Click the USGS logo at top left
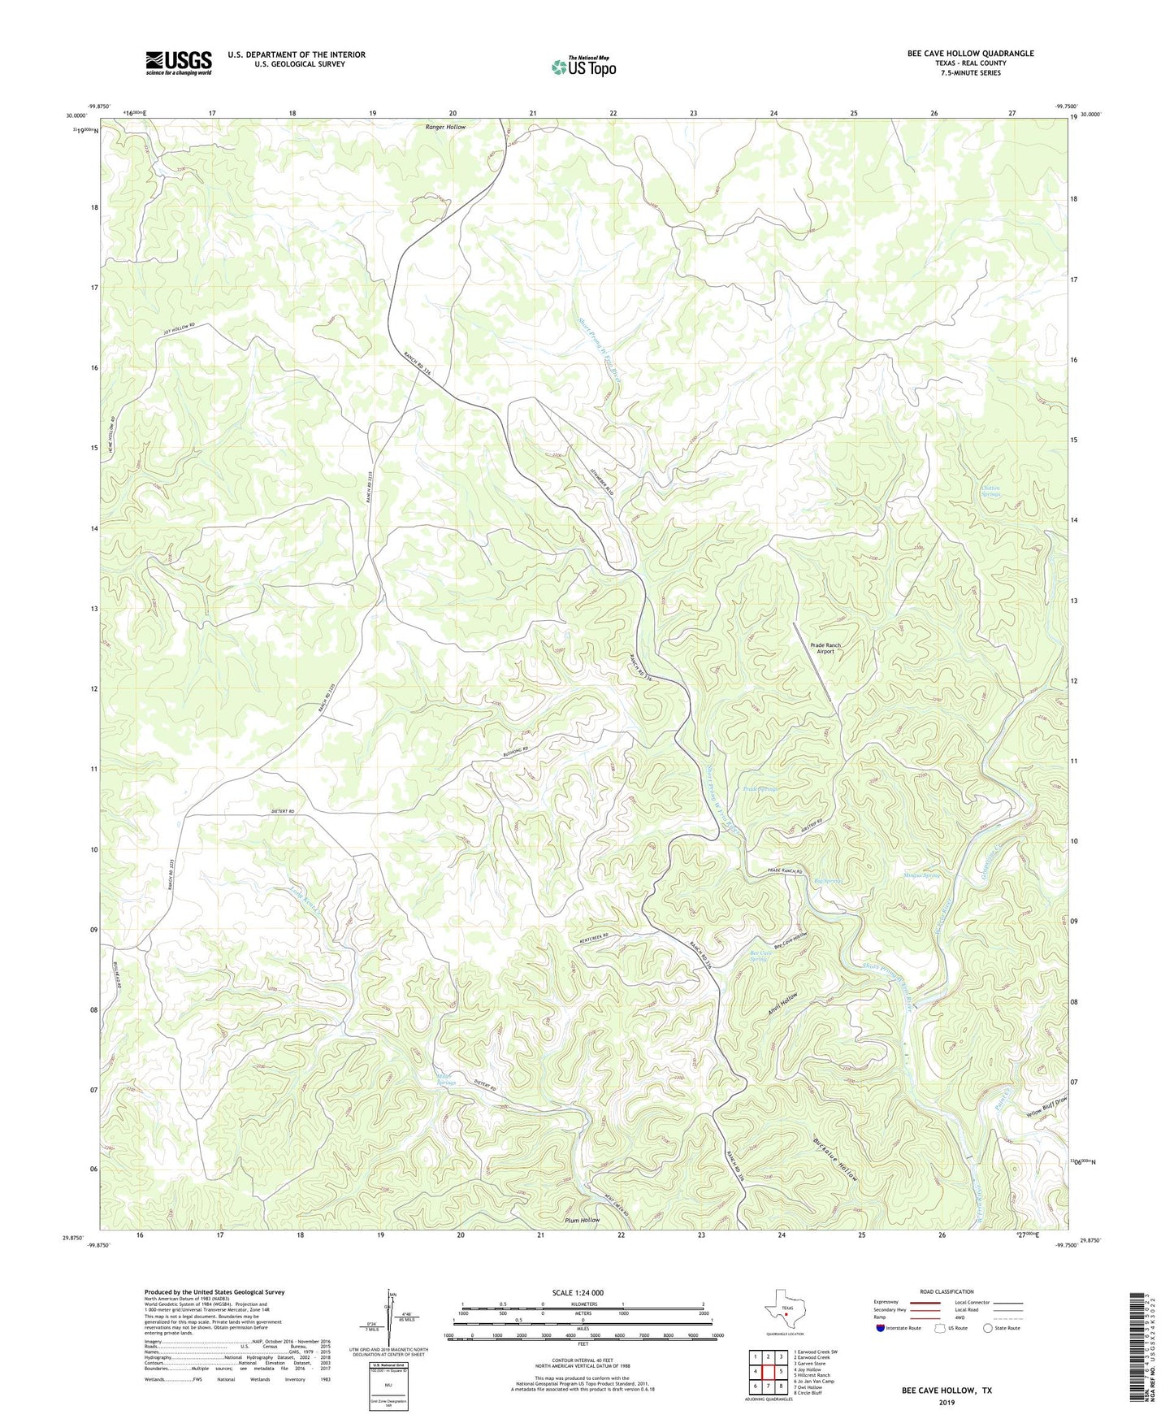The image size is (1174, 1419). pos(179,63)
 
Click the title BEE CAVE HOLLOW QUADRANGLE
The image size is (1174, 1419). pos(970,54)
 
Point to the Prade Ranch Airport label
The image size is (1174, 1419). pos(825,648)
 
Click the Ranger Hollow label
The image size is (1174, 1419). pos(445,128)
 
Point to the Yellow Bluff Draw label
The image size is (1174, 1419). pos(1045,1109)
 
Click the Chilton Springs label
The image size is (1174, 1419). pos(990,492)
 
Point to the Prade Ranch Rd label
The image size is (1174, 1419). pos(785,872)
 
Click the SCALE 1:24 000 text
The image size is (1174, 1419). pos(583,1292)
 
